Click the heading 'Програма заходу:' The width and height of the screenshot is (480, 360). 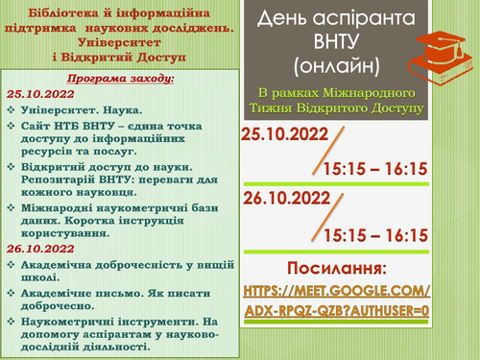coord(117,78)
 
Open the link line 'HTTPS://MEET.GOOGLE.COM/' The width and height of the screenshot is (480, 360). coord(337,289)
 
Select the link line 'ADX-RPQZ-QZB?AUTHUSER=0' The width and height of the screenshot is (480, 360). coord(337,312)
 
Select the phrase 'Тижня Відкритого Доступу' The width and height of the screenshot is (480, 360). coord(347,108)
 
